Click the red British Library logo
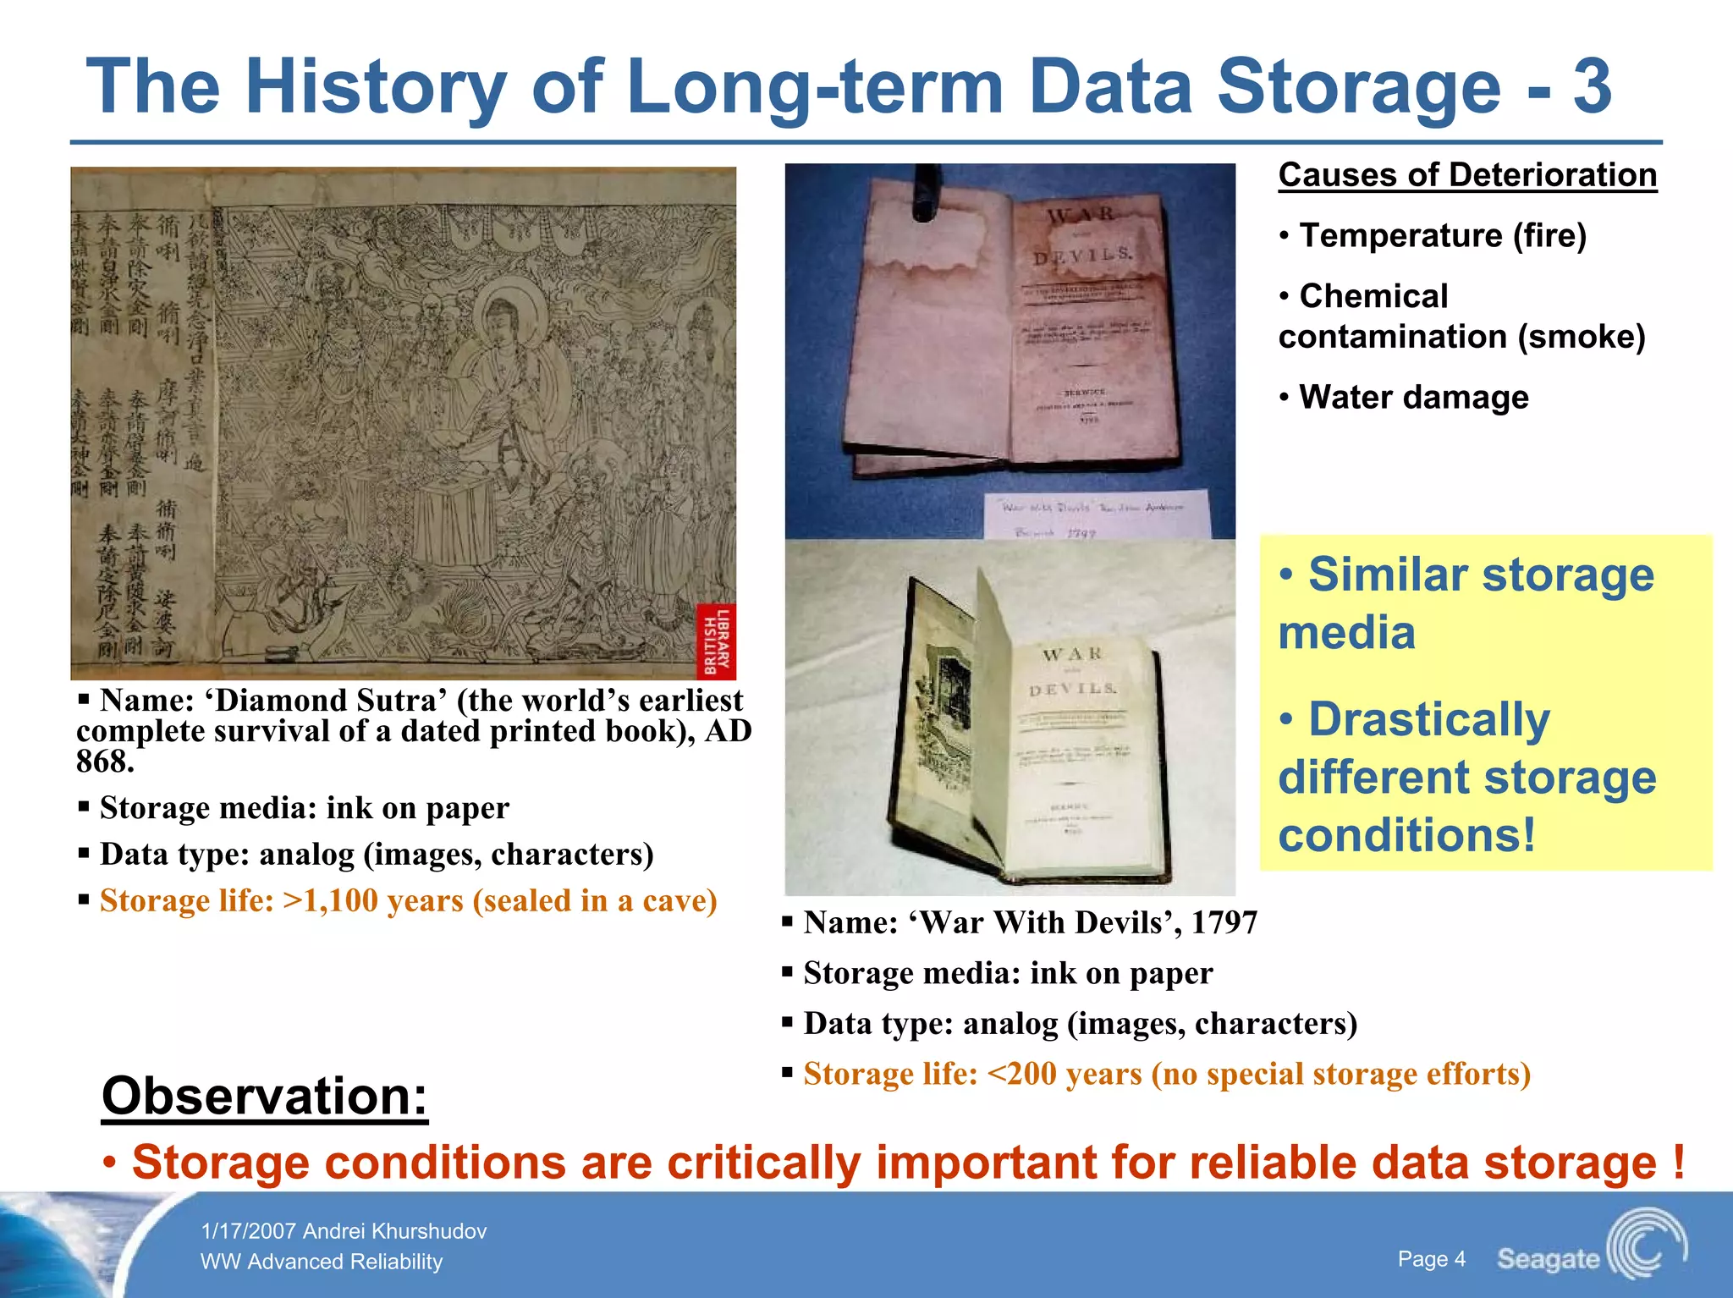tap(716, 641)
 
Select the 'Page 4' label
tap(1431, 1259)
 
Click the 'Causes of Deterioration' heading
tap(1467, 175)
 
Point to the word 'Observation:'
tap(265, 1096)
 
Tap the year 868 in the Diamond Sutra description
tap(104, 762)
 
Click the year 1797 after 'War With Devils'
tap(1224, 922)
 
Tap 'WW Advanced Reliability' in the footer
tap(322, 1262)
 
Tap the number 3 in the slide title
tap(1592, 86)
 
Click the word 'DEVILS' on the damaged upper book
tap(1082, 255)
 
